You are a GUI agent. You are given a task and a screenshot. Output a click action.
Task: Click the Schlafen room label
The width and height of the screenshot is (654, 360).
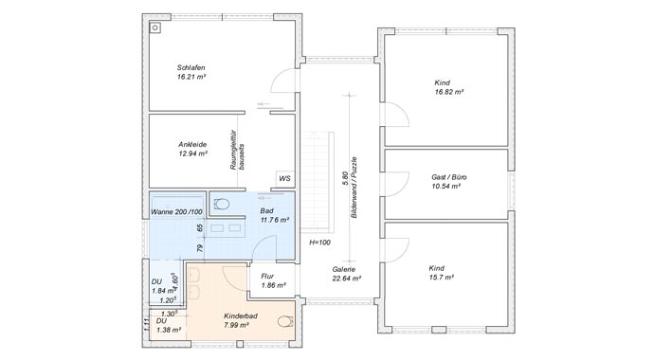click(191, 72)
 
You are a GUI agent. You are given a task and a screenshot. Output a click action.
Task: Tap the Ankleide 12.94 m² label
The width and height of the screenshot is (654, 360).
click(192, 148)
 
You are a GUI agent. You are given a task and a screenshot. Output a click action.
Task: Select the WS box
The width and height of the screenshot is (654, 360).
click(284, 178)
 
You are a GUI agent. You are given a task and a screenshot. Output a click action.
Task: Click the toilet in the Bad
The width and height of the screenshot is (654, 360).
click(223, 204)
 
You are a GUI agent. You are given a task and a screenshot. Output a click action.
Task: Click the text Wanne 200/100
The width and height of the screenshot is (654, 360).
click(176, 211)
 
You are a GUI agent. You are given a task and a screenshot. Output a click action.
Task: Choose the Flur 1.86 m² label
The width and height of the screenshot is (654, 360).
click(274, 280)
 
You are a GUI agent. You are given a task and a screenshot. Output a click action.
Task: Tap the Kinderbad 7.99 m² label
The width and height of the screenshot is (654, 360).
click(239, 320)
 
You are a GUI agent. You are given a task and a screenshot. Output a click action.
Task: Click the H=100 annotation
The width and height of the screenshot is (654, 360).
click(319, 243)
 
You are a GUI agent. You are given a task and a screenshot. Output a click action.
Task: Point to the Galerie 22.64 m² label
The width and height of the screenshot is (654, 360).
click(344, 274)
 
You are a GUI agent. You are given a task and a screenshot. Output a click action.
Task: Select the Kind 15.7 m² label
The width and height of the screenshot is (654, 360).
click(443, 273)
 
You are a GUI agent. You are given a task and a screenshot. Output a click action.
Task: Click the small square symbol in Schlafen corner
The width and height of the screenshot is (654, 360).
click(155, 27)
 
